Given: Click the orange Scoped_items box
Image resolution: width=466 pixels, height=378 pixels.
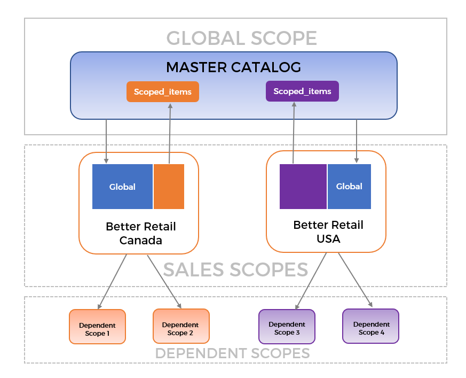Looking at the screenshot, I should tap(163, 92).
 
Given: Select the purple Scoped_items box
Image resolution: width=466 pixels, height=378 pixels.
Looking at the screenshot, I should tap(302, 91).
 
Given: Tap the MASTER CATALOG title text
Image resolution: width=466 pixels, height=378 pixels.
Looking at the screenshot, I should tap(233, 67).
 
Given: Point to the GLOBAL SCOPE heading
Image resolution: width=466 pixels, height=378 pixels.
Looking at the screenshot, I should tap(242, 38).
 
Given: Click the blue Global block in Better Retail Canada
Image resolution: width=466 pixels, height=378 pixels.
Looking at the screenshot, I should tap(122, 187).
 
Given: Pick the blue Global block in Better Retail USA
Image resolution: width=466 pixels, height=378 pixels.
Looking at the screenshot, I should tap(349, 187).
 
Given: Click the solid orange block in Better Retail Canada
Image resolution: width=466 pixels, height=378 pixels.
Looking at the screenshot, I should tap(169, 187).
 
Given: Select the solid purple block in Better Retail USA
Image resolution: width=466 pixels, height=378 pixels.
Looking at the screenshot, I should tap(303, 187).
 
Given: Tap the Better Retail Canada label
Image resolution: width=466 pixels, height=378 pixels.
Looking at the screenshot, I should tap(141, 233).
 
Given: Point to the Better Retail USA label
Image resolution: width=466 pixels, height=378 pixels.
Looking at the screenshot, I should tap(328, 232).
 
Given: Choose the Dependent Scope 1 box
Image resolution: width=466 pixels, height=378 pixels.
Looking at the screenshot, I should tap(97, 326).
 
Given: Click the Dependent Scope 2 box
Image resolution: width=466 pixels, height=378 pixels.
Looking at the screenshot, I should tap(180, 326).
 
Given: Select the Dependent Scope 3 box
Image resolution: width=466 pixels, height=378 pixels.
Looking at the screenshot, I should tap(287, 326).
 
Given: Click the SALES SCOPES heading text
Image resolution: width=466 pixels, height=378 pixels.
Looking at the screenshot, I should tap(235, 269).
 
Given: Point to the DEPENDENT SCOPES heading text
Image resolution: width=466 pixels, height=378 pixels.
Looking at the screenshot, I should tap(232, 353).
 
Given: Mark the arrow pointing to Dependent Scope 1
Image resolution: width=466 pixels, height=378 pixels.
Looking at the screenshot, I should tap(112, 282).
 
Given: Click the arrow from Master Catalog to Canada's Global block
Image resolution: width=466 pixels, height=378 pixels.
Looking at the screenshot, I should tap(106, 141).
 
